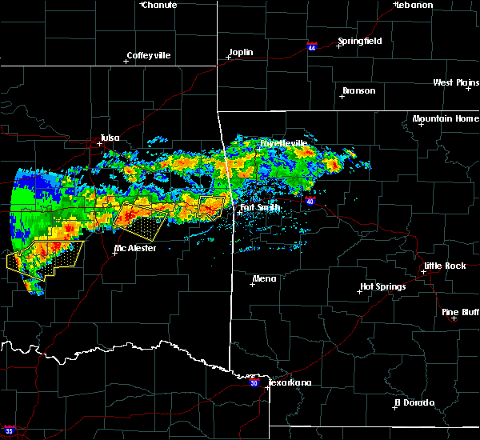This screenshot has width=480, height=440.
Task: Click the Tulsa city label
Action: pyautogui.click(x=110, y=138)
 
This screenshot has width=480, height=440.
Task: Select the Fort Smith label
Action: pyautogui.click(x=261, y=208)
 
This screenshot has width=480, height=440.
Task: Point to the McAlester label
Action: pyautogui.click(x=135, y=248)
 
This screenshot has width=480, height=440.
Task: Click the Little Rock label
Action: pyautogui.click(x=444, y=266)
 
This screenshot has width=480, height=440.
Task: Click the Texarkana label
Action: pyautogui.click(x=289, y=382)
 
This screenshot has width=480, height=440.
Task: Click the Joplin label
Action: pyautogui.click(x=241, y=53)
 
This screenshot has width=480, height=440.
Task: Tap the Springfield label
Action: pyautogui.click(x=360, y=41)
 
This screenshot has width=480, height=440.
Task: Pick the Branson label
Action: pyautogui.click(x=358, y=90)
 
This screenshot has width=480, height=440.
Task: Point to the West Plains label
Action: pyautogui.click(x=457, y=82)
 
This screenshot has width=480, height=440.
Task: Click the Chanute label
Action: pyautogui.click(x=161, y=5)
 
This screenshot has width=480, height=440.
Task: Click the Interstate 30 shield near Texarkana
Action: pyautogui.click(x=254, y=383)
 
